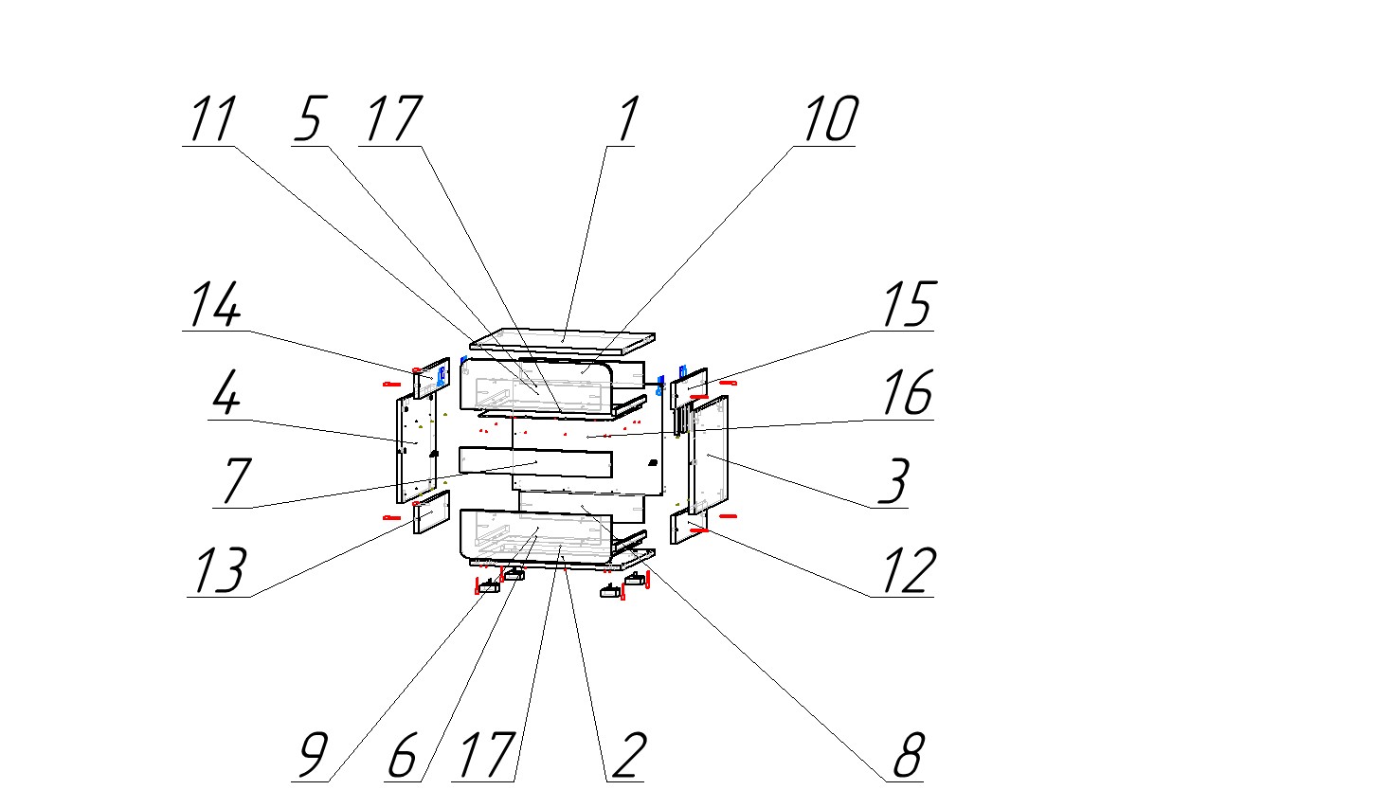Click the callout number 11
[x=212, y=120]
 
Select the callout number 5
[x=309, y=120]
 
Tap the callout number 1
[x=626, y=120]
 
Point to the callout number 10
[x=830, y=120]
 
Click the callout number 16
[x=907, y=393]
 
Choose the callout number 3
[x=893, y=481]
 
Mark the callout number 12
[x=907, y=570]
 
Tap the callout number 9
[x=313, y=756]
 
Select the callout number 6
[x=403, y=756]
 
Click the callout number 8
[x=907, y=756]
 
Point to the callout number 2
[x=626, y=756]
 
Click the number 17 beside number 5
[x=391, y=120]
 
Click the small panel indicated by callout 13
[x=431, y=513]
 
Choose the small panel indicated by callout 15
[x=691, y=385]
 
